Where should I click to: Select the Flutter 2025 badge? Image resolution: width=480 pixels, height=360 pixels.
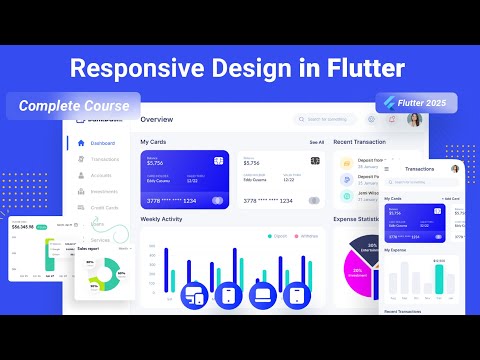(416, 104)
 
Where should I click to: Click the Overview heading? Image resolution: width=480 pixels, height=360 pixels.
(157, 119)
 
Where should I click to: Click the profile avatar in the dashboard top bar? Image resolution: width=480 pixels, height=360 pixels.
(414, 119)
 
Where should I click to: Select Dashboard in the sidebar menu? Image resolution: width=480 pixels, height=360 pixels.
(104, 143)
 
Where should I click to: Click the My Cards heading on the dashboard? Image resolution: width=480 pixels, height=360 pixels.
(154, 142)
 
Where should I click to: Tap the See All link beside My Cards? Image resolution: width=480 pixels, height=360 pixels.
(316, 142)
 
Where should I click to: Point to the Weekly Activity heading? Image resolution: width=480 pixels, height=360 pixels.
(162, 218)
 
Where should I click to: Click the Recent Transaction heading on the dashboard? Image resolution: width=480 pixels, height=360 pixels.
(359, 142)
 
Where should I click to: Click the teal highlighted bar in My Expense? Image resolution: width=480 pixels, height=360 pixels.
(438, 279)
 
